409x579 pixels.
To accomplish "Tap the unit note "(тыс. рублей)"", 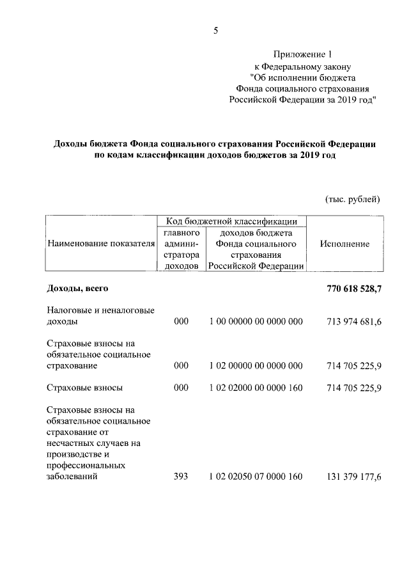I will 353,199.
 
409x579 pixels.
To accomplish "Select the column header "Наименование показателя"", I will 101,244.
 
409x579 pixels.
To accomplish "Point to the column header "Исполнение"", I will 345,244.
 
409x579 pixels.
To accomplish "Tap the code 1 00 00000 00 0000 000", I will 256,321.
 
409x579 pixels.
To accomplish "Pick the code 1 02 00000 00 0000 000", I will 256,366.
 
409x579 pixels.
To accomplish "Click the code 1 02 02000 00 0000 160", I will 256,388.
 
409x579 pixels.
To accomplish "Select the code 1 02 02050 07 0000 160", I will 256,476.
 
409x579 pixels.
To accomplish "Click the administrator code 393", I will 181,476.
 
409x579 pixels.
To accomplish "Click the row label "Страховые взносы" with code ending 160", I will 86,388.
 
